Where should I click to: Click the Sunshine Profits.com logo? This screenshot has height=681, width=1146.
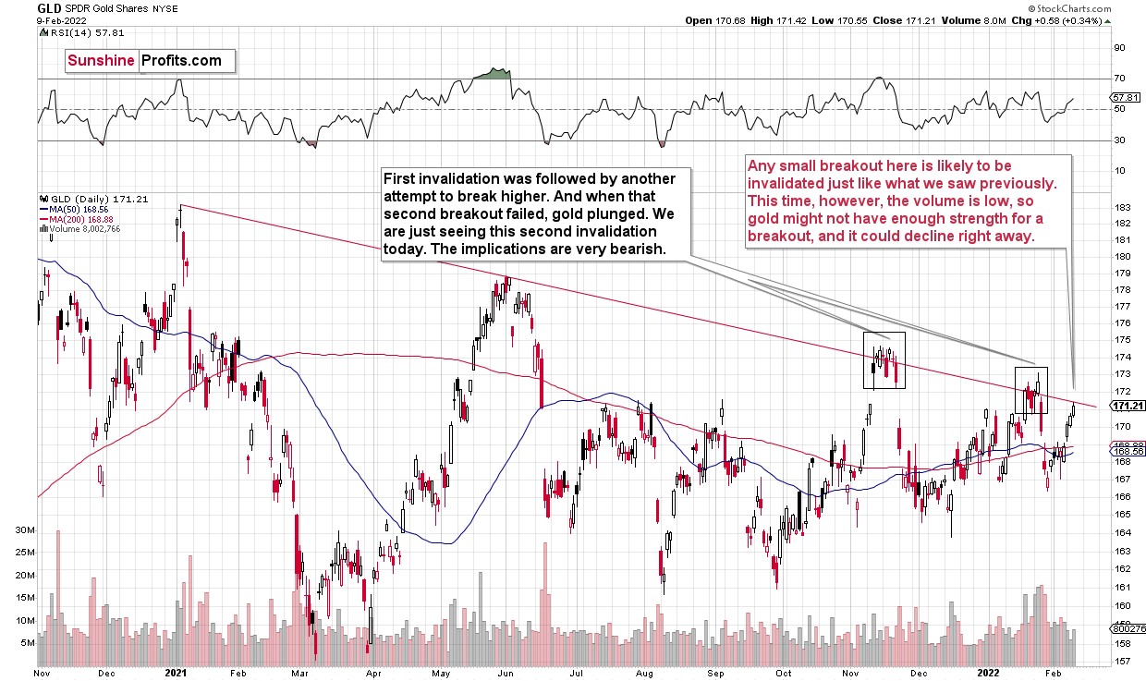click(x=144, y=61)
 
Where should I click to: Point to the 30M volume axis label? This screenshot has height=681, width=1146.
click(x=24, y=530)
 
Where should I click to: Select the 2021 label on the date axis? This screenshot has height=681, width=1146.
click(x=177, y=674)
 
